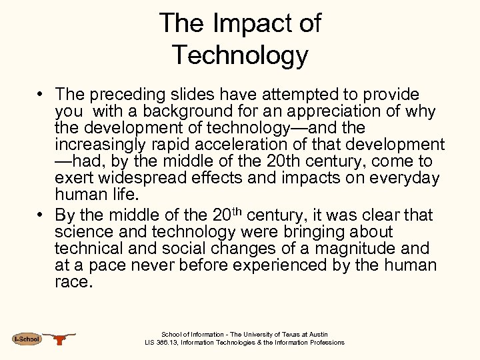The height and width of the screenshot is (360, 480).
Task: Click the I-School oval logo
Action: [27, 339]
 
